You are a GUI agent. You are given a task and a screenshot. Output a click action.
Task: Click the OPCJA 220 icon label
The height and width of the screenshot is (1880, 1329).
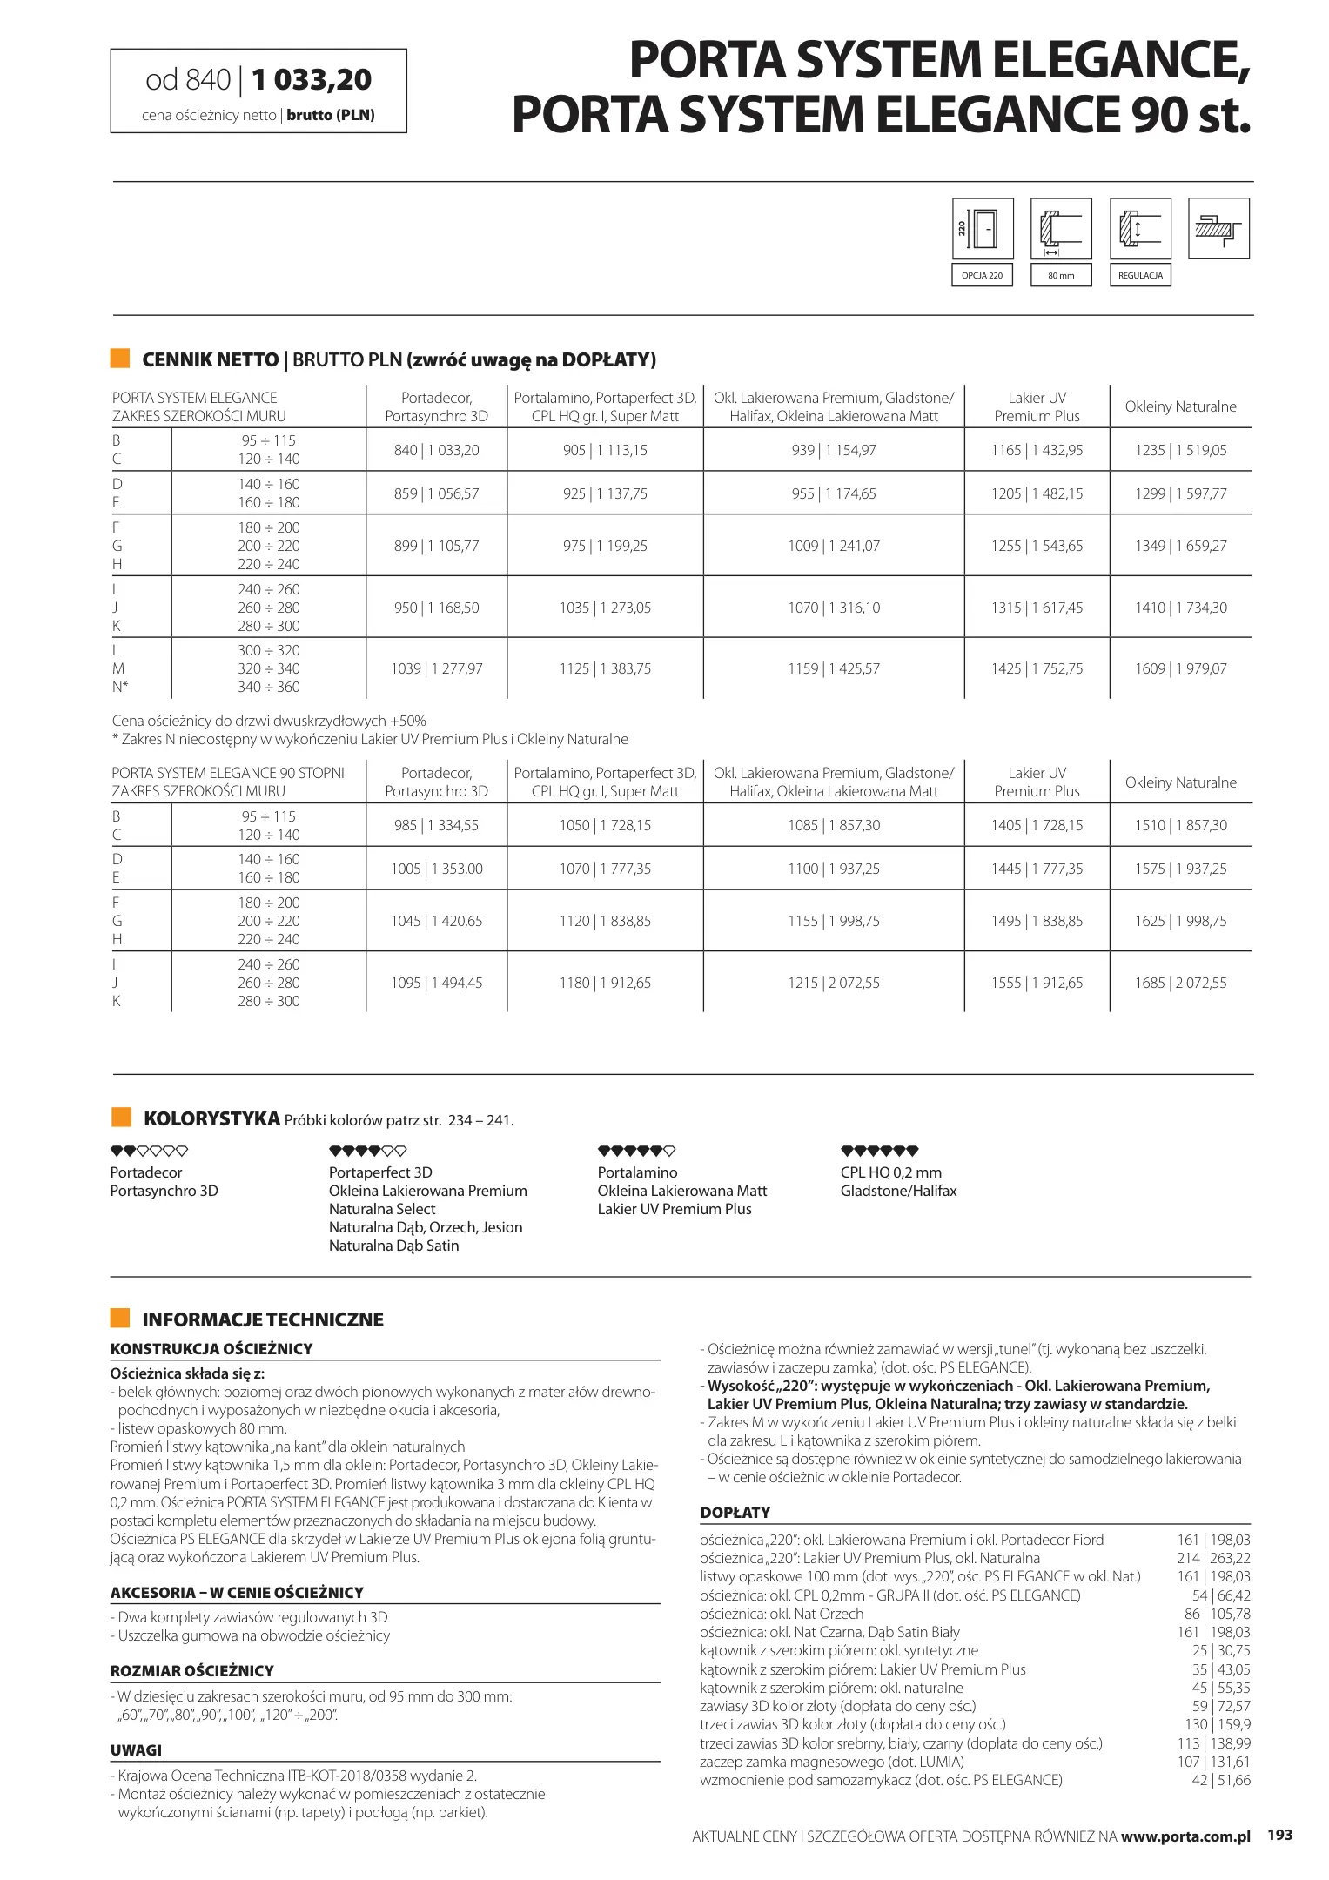[982, 276]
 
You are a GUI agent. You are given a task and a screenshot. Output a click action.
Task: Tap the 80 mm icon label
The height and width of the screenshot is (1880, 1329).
[1061, 276]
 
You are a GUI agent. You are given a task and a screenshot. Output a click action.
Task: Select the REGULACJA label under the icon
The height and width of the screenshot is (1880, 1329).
[1140, 276]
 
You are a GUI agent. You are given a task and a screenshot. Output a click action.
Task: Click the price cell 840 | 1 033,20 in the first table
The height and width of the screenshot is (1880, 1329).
[436, 450]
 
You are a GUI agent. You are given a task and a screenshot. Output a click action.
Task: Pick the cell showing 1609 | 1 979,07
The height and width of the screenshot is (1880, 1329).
[1180, 668]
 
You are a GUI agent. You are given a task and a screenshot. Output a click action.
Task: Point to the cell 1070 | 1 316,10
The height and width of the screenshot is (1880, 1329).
[834, 608]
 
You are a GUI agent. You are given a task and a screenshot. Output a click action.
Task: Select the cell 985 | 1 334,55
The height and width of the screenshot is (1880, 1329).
[436, 825]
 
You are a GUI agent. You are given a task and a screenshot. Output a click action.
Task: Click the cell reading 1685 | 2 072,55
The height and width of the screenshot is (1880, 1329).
[1180, 983]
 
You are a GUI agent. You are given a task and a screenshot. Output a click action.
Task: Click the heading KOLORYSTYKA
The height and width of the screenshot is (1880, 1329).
[211, 1118]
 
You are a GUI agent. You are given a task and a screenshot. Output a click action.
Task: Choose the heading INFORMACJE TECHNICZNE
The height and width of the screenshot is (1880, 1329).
[263, 1319]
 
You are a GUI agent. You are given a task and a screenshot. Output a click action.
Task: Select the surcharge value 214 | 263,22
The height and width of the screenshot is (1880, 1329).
[1213, 1558]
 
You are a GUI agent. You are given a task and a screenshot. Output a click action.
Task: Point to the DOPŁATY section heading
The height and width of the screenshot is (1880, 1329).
[735, 1513]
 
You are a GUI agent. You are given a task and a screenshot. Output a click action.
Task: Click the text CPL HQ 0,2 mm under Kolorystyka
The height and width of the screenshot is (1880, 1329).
[890, 1172]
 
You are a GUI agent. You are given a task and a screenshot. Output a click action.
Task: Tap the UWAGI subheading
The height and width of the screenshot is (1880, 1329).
[136, 1750]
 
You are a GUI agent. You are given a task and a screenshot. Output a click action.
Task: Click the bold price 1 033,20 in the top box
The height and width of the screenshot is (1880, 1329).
[312, 80]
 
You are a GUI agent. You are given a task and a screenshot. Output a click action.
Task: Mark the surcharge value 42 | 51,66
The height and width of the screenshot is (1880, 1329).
[1220, 1780]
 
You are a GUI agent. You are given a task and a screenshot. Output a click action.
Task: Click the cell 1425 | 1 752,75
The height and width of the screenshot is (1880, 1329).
[1037, 668]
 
